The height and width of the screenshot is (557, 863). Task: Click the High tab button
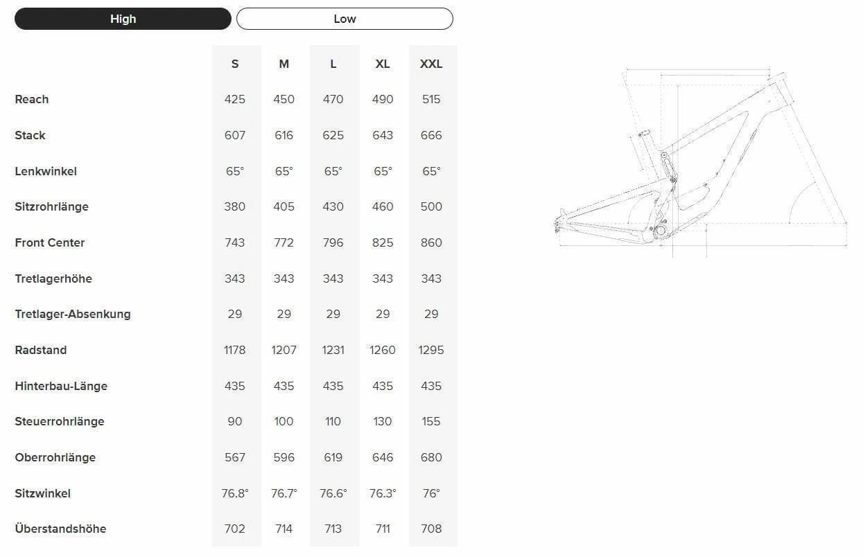[x=123, y=19]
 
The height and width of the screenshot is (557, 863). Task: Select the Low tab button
[x=345, y=19]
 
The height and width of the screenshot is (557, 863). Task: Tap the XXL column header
[x=431, y=64]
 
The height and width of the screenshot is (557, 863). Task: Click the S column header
[x=235, y=64]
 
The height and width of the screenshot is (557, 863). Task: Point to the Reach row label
[x=32, y=99]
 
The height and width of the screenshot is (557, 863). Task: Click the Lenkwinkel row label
[x=46, y=171]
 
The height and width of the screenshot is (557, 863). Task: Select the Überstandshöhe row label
[x=60, y=529]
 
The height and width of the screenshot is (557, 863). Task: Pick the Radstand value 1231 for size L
[x=333, y=350]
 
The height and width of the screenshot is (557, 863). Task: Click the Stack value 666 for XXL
[x=431, y=135]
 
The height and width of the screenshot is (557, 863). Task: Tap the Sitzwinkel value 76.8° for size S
[x=235, y=493]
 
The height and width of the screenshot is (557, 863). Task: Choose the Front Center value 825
[x=383, y=242]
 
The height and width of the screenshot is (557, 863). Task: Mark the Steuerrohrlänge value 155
[x=431, y=421]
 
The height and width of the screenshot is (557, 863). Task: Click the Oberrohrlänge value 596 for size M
[x=284, y=457]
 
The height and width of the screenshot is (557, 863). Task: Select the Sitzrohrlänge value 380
[x=235, y=206]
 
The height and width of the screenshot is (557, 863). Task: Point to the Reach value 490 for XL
[x=383, y=99]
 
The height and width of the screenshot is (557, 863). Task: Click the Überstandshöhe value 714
[x=284, y=529]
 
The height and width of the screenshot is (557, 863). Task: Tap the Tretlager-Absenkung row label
[x=73, y=314]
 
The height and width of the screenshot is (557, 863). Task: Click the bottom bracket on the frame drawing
[x=660, y=229]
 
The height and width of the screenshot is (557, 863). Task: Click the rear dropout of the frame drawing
[x=558, y=222]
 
